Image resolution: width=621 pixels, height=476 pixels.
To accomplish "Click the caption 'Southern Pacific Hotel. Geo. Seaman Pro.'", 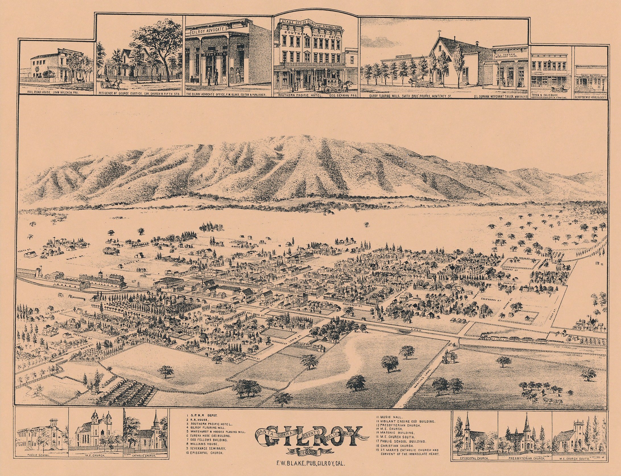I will pos(316,96).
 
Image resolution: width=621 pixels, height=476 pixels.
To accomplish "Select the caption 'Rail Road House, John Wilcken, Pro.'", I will pos(56,92).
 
